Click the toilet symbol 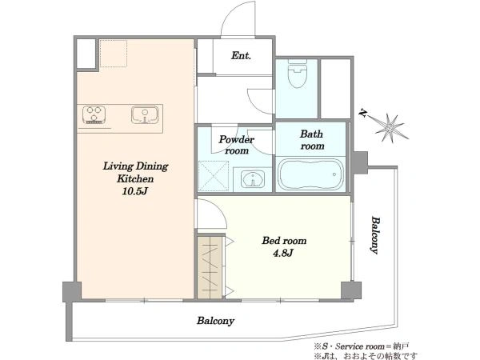click(298, 74)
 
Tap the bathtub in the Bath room click(310, 174)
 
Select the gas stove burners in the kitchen click(94, 114)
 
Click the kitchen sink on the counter click(145, 114)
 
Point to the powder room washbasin click(253, 179)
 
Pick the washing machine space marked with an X click(214, 175)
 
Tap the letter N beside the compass click(363, 114)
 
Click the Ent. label click(241, 56)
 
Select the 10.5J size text click(135, 192)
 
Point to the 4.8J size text click(283, 253)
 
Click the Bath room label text click(312, 140)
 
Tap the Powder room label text click(236, 145)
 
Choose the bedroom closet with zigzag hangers click(210, 267)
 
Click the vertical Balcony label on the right click(375, 235)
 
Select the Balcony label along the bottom click(215, 321)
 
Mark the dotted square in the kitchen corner click(114, 54)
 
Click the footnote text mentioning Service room click(362, 346)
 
